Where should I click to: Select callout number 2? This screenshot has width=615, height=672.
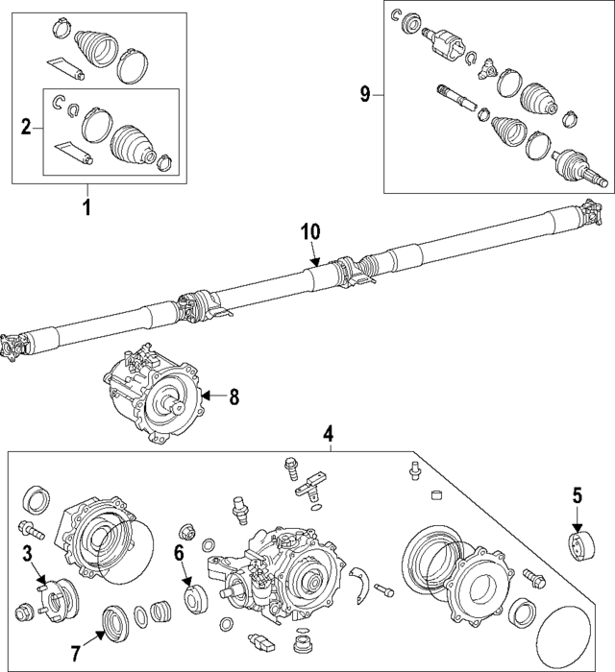tap(27, 125)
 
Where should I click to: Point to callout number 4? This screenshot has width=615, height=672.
tap(328, 434)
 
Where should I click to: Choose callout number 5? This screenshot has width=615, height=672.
tap(578, 495)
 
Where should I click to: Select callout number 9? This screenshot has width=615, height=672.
tap(365, 93)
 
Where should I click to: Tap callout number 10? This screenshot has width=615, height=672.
tap(309, 231)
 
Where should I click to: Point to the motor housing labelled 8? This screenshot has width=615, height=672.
tap(154, 396)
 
